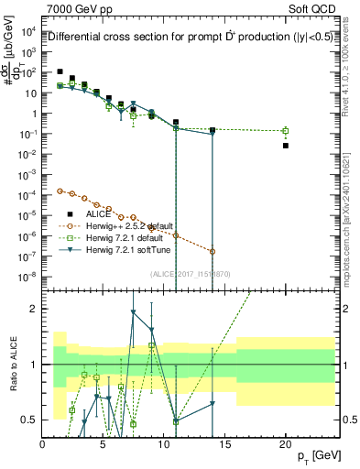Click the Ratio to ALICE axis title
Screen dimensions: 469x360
(13, 364)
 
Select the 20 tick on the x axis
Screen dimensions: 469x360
(286, 444)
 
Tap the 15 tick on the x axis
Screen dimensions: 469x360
(224, 444)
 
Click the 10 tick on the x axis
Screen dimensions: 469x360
(164, 444)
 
